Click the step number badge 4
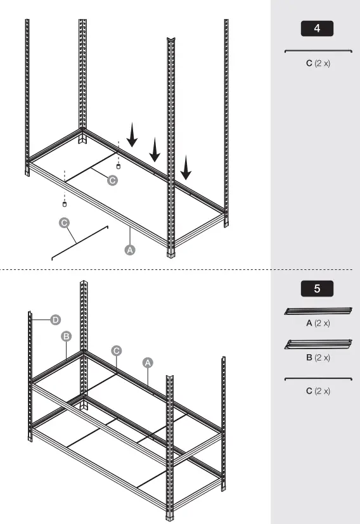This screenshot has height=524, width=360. coord(316,29)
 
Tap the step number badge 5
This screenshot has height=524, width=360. coord(316,288)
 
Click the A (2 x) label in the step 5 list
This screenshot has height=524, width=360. coord(318,323)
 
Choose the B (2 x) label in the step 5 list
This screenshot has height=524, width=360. coord(318,357)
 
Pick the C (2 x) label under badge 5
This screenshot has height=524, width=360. coord(318,391)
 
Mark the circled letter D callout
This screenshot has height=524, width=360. coord(56,319)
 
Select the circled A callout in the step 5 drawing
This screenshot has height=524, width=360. coord(148,362)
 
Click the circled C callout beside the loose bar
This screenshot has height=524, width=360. coord(64,222)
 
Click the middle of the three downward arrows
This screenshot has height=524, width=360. coord(155,151)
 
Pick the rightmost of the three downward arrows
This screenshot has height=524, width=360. coord(185,168)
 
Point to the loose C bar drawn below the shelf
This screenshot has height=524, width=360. coord(80,242)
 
